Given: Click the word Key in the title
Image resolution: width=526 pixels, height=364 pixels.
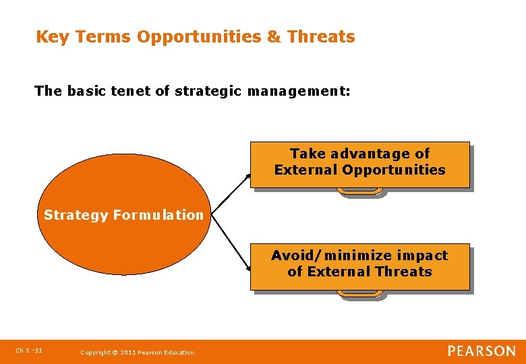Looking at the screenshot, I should pyautogui.click(x=53, y=37).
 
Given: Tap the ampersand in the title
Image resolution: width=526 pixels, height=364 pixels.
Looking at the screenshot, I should pyautogui.click(x=274, y=37).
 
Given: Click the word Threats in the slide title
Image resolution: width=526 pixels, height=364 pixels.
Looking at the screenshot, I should pyautogui.click(x=321, y=37).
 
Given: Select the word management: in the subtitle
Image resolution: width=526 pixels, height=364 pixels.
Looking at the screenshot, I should pyautogui.click(x=299, y=91).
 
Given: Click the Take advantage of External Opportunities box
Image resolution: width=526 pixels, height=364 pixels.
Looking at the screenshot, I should pyautogui.click(x=359, y=164).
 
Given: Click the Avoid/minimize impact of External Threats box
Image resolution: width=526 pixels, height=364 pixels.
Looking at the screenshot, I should pyautogui.click(x=359, y=266).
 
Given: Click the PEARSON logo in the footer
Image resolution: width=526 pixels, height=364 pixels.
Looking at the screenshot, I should pyautogui.click(x=481, y=351).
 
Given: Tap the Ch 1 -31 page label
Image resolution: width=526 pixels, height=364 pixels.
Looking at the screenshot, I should pyautogui.click(x=29, y=351).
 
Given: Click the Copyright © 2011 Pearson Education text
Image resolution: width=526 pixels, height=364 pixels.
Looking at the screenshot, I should pyautogui.click(x=137, y=353).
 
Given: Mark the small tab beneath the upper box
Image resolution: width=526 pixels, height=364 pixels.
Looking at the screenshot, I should pyautogui.click(x=360, y=192).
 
